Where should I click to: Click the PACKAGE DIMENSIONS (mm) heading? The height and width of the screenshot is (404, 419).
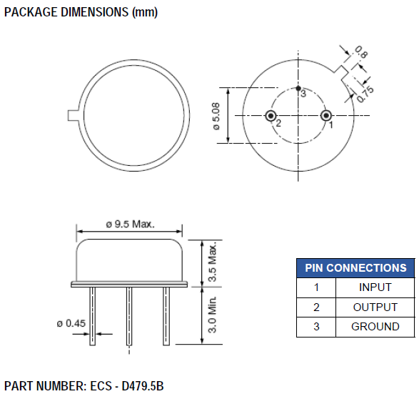[81, 12]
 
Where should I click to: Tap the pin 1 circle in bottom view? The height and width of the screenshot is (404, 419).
[325, 116]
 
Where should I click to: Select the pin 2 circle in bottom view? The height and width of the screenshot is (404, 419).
[271, 116]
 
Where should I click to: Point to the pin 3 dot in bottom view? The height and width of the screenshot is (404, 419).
[298, 89]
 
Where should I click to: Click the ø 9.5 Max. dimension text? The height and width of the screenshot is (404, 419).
[129, 224]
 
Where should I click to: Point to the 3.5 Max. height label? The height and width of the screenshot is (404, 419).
[212, 261]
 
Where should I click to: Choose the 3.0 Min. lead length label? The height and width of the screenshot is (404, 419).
[212, 315]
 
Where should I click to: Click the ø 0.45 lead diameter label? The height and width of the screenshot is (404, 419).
[71, 323]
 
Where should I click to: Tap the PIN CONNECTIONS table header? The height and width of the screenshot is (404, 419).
[355, 268]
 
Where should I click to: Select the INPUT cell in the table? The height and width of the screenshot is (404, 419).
[375, 287]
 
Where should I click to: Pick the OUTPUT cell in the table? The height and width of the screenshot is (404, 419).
[375, 307]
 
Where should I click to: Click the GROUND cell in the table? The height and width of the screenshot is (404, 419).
[375, 327]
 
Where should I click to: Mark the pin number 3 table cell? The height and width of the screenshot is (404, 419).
[315, 327]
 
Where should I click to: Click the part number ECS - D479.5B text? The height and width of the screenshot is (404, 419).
[84, 386]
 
